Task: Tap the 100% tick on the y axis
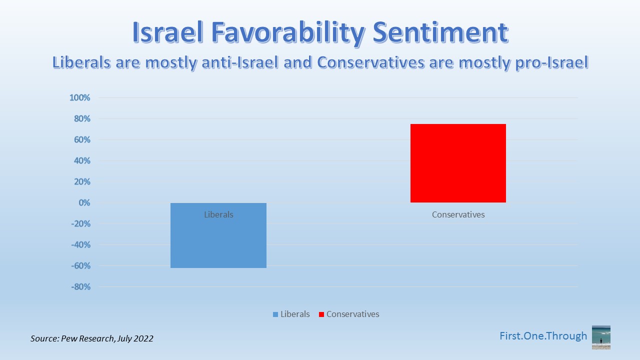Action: (79, 97)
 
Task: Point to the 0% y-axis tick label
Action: (83, 202)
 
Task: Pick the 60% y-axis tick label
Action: (81, 139)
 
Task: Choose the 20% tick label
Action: (81, 181)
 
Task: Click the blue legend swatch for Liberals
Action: (275, 314)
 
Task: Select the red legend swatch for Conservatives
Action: (321, 314)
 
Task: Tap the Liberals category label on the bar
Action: (218, 214)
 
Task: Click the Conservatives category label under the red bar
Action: (458, 214)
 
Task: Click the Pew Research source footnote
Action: (92, 338)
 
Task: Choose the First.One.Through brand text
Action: (543, 336)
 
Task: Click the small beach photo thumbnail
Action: (601, 337)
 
